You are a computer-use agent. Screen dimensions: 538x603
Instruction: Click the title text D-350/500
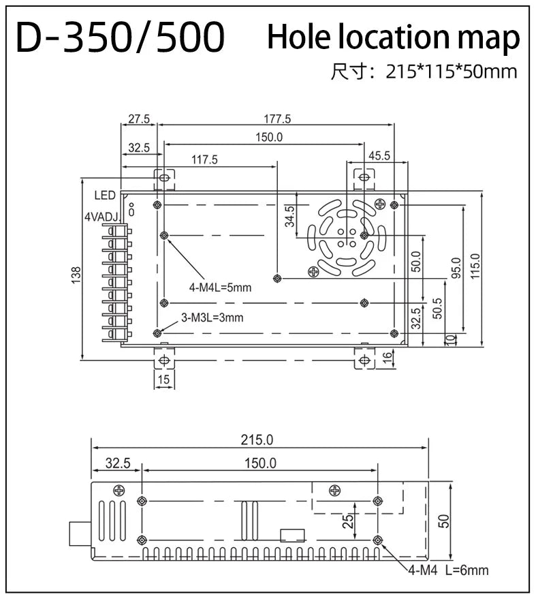[121, 37]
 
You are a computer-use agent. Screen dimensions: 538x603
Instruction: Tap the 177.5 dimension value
[277, 119]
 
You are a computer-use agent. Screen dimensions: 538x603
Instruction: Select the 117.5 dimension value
[204, 159]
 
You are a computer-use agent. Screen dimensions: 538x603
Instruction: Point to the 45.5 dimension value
[379, 156]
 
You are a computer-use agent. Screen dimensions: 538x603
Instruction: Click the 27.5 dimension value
[139, 119]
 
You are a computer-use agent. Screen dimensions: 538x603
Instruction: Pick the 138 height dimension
[76, 275]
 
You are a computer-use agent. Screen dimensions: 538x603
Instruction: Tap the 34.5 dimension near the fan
[289, 217]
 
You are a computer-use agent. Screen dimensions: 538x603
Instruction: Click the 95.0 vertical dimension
[456, 268]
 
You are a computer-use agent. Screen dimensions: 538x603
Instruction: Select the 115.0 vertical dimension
[475, 266]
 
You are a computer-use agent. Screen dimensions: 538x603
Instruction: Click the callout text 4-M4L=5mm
[220, 288]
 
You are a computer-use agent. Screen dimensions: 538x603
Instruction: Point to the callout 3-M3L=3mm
[212, 318]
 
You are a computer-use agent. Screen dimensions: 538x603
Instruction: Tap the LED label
[105, 195]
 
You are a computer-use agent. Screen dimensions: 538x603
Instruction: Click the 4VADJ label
[102, 217]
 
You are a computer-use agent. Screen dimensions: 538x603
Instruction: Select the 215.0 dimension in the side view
[257, 440]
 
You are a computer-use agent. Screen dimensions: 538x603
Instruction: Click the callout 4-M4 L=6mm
[448, 570]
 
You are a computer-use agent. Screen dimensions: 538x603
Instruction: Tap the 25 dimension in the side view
[348, 521]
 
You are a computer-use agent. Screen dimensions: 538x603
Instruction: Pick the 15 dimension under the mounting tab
[163, 380]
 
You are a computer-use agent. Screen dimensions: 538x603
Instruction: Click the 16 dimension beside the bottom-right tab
[387, 356]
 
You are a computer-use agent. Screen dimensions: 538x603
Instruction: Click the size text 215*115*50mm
[452, 72]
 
